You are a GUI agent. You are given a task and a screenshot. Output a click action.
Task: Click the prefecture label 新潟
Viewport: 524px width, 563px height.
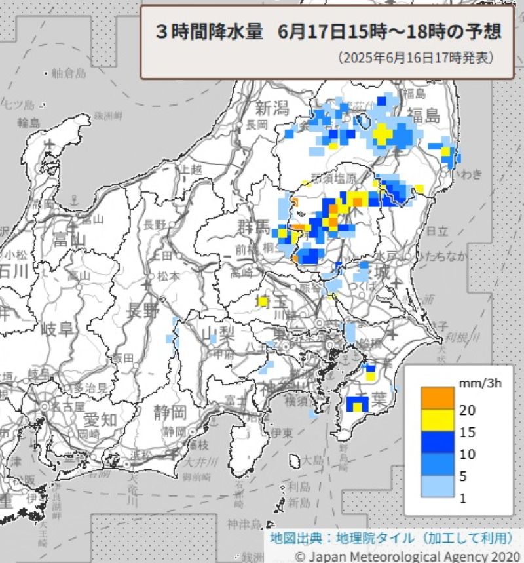point(272,107)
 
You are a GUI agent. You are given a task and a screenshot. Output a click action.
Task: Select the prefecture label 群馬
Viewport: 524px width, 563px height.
point(253,227)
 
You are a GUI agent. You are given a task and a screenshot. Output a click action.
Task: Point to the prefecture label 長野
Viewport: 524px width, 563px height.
point(143,310)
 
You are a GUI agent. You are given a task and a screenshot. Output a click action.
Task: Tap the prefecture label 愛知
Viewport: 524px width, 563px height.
point(83,419)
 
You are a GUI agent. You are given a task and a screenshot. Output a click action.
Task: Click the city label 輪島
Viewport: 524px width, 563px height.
point(29,123)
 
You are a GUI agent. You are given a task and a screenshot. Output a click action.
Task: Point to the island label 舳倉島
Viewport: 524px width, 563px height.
point(69,73)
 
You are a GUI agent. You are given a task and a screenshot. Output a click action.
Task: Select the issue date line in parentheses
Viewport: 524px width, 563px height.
point(417,58)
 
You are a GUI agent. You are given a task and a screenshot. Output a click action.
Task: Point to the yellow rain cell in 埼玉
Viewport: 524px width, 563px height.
point(263,301)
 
